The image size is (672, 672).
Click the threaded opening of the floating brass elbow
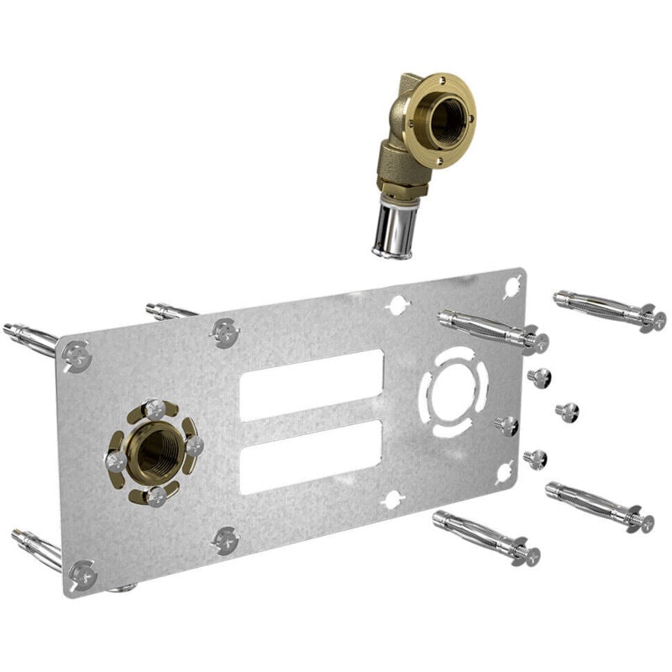(x=445, y=118)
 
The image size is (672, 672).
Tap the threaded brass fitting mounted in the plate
(x=155, y=452)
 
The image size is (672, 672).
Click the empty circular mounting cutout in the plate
(x=454, y=391)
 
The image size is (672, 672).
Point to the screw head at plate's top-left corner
(x=76, y=355)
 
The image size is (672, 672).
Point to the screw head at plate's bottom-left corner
(x=82, y=575)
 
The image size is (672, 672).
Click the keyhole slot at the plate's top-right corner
(x=512, y=286)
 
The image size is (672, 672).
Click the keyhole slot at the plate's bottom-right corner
(x=504, y=472)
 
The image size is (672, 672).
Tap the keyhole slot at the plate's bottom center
(x=391, y=500)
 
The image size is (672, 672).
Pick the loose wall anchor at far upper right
(x=609, y=308)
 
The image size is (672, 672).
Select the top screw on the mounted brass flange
(x=155, y=409)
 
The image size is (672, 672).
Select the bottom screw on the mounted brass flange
(x=155, y=496)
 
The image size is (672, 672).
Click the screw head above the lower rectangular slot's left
(x=225, y=333)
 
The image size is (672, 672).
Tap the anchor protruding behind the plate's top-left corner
(x=30, y=336)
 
